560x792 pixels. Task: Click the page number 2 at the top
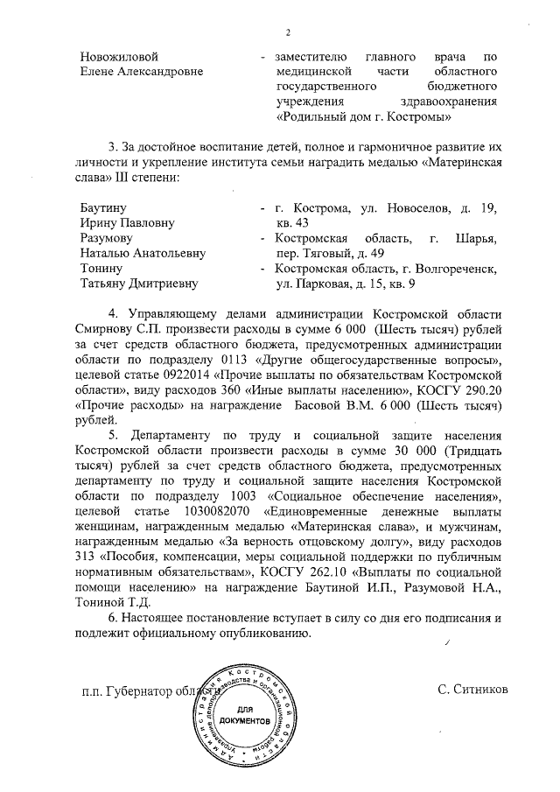click(x=286, y=33)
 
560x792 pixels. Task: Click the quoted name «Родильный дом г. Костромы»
click(x=364, y=116)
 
